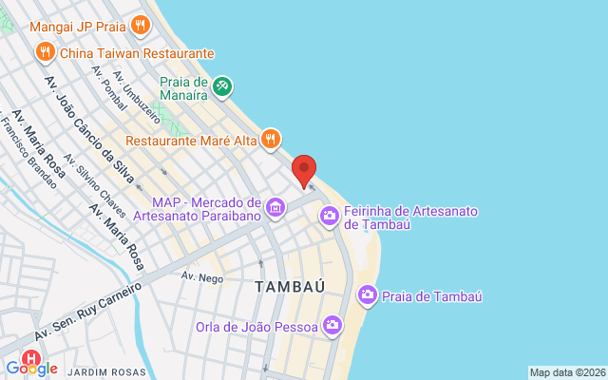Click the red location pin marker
pyautogui.click(x=304, y=169)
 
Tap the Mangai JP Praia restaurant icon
pyautogui.click(x=141, y=26)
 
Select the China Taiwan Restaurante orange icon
pyautogui.click(x=44, y=53)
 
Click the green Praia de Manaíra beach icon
pyautogui.click(x=222, y=87)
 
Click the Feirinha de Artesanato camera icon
pyautogui.click(x=330, y=217)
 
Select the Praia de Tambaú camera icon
pyautogui.click(x=368, y=296)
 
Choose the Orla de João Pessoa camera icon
pyautogui.click(x=332, y=326)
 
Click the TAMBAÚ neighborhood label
pyautogui.click(x=291, y=285)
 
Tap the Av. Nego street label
pyautogui.click(x=201, y=276)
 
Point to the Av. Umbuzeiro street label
pyautogui.click(x=133, y=90)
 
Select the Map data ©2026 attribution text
pyautogui.click(x=567, y=372)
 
